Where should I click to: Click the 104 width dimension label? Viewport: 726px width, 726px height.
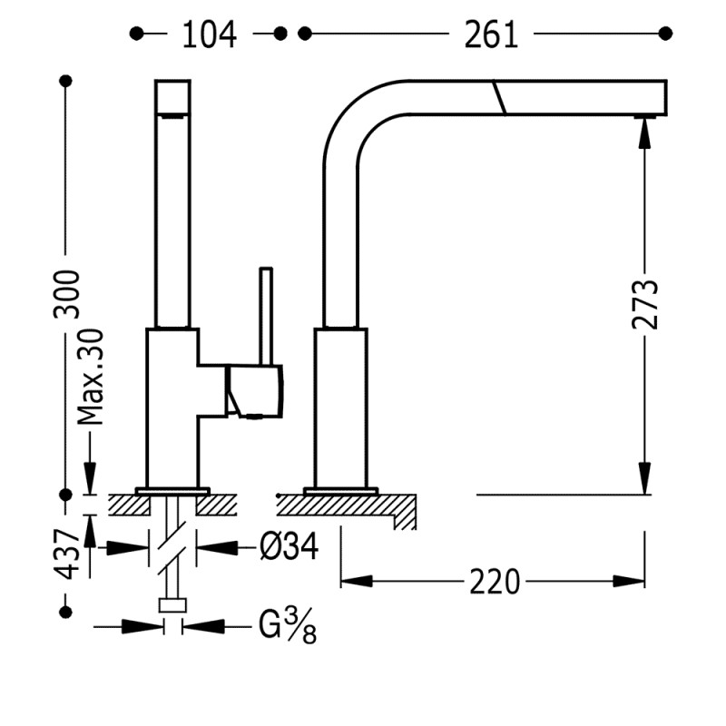[210, 34]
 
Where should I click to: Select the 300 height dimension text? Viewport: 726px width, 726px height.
[66, 293]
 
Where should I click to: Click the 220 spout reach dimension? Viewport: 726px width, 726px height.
[495, 581]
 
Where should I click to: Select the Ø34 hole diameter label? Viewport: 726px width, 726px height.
[288, 547]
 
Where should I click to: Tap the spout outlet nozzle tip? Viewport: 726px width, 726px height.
[643, 116]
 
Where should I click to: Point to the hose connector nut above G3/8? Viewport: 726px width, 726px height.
[172, 605]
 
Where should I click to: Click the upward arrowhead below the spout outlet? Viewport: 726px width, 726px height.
[643, 134]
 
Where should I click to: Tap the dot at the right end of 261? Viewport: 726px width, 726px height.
[667, 34]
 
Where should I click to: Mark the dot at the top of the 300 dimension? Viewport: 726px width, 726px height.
[65, 81]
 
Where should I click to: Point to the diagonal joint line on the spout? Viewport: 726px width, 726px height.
[498, 96]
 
